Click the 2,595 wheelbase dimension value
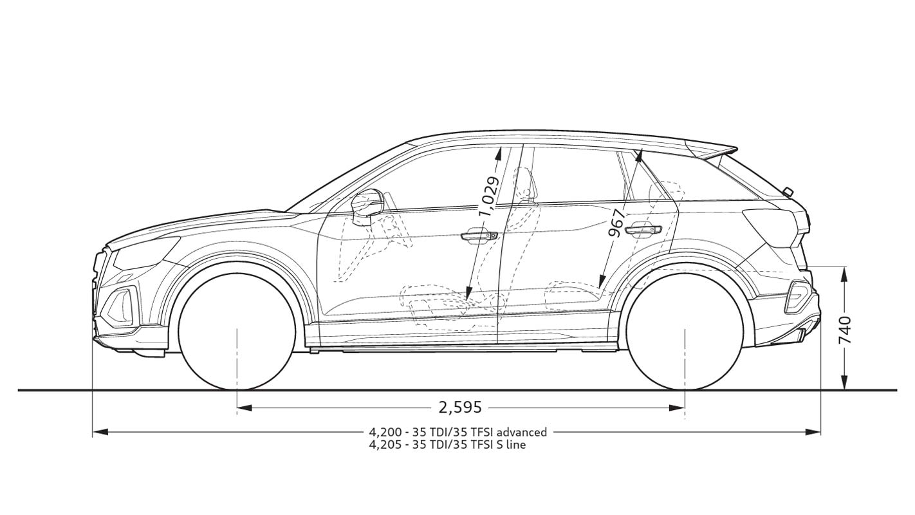[460, 407]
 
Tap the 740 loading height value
[844, 330]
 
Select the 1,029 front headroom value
[490, 196]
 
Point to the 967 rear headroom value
[616, 223]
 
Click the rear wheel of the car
[685, 332]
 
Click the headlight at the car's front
[145, 252]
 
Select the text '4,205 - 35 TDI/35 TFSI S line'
[447, 445]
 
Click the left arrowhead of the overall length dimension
[100, 431]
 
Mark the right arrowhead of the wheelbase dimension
[677, 407]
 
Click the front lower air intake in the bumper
[121, 303]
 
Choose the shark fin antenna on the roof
[788, 191]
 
